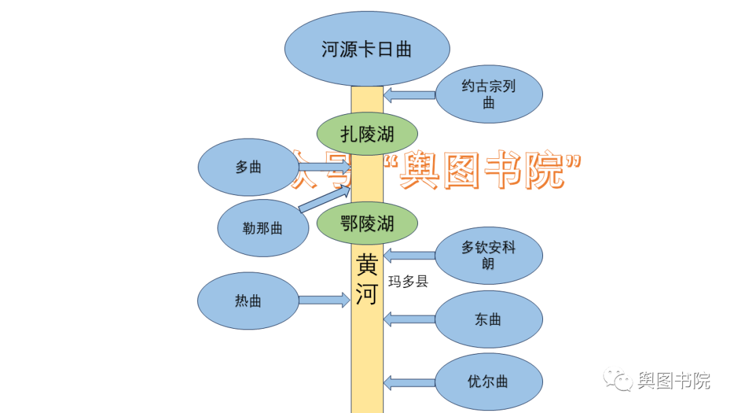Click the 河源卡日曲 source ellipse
click(367, 49)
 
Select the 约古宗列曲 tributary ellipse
click(489, 94)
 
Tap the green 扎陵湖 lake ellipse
click(368, 134)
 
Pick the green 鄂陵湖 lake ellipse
click(368, 222)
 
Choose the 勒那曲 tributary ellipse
click(263, 228)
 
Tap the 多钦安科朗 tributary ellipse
click(489, 255)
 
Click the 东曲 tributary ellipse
click(489, 319)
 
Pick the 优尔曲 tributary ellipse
click(489, 382)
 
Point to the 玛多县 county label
click(408, 281)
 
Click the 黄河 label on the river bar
click(367, 281)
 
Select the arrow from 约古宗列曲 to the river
click(409, 95)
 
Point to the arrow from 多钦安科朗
click(409, 256)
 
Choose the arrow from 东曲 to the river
click(409, 319)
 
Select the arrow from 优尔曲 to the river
click(409, 382)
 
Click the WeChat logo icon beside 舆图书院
click(618, 380)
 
